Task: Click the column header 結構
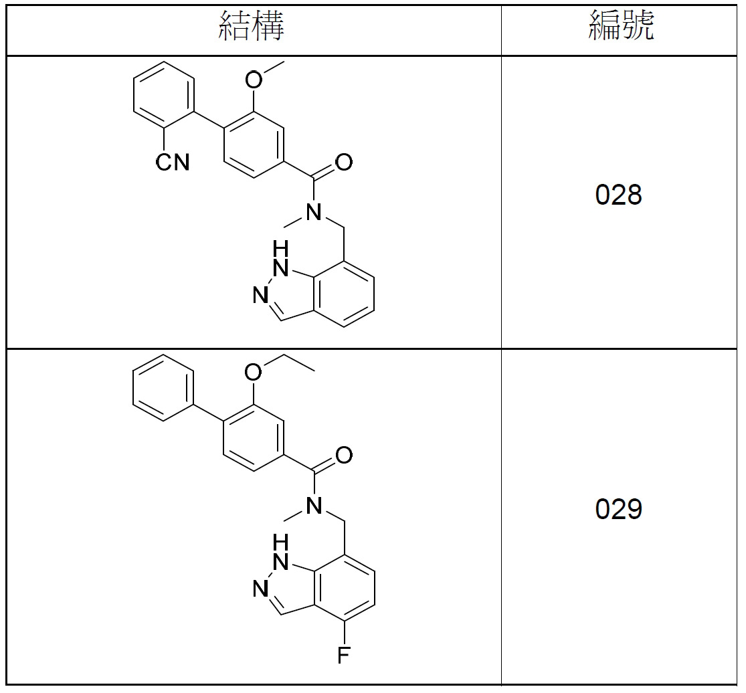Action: pos(252,26)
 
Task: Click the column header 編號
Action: pos(621,25)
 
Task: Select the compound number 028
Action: pos(618,195)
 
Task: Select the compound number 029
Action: pos(618,509)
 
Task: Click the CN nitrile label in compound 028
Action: pos(173,162)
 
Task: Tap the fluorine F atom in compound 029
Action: pos(343,655)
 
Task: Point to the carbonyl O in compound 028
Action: pos(344,162)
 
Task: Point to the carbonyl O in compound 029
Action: pos(344,455)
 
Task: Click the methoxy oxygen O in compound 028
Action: pos(254,80)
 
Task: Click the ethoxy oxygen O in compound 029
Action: pos(254,372)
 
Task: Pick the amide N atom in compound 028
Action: pos(314,211)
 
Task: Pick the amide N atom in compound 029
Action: pos(314,504)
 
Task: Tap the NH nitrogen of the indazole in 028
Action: pos(281,268)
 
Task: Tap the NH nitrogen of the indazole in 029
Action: pos(281,561)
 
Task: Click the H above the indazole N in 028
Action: pos(281,248)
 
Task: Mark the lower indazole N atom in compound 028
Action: pos(261,295)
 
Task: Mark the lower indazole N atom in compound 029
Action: pos(261,589)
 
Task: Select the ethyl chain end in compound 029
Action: pos(314,370)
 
